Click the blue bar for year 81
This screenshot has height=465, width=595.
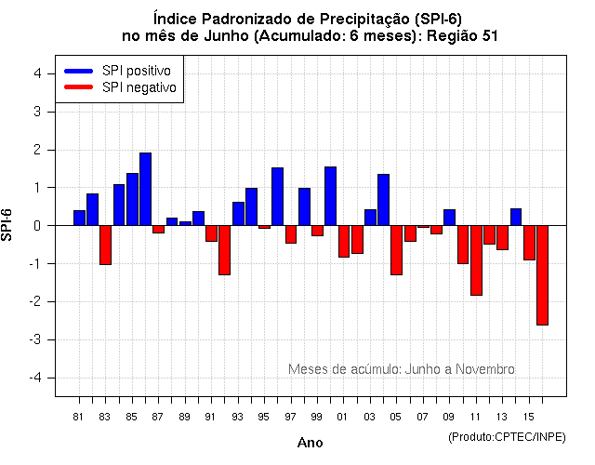(79, 218)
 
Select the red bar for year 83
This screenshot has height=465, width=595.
(105, 245)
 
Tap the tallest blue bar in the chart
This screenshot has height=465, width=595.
(145, 189)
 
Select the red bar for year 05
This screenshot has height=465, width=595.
(396, 250)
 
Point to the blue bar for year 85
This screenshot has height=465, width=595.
(132, 199)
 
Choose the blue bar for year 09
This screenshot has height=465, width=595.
(449, 218)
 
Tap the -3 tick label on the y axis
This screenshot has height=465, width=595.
(34, 339)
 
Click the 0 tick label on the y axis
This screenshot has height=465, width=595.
(36, 225)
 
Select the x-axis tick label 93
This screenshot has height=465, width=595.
(237, 416)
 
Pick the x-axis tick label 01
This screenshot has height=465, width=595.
(343, 416)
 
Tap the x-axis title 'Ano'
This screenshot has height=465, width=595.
(310, 443)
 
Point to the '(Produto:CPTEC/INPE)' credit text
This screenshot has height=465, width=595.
(508, 436)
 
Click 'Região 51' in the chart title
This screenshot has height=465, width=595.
(470, 35)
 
